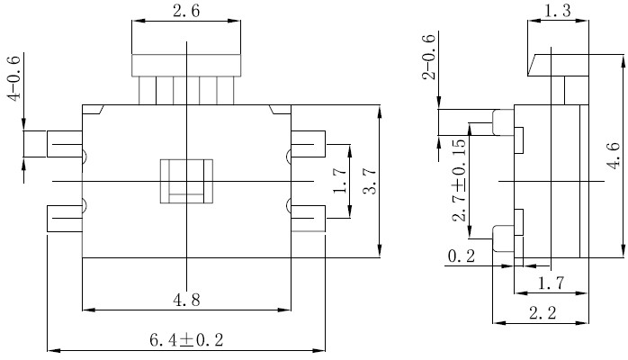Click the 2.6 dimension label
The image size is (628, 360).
click(186, 11)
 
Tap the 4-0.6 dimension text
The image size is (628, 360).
click(13, 78)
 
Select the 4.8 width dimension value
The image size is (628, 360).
click(186, 300)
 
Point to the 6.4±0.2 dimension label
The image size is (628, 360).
click(186, 340)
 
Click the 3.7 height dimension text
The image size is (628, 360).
click(370, 181)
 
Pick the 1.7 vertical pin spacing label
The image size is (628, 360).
click(339, 181)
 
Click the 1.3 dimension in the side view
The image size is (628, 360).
click(558, 11)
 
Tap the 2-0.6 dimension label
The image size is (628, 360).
click(428, 57)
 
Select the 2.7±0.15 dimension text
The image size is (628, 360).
click(459, 180)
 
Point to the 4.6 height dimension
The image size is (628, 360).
click(614, 156)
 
